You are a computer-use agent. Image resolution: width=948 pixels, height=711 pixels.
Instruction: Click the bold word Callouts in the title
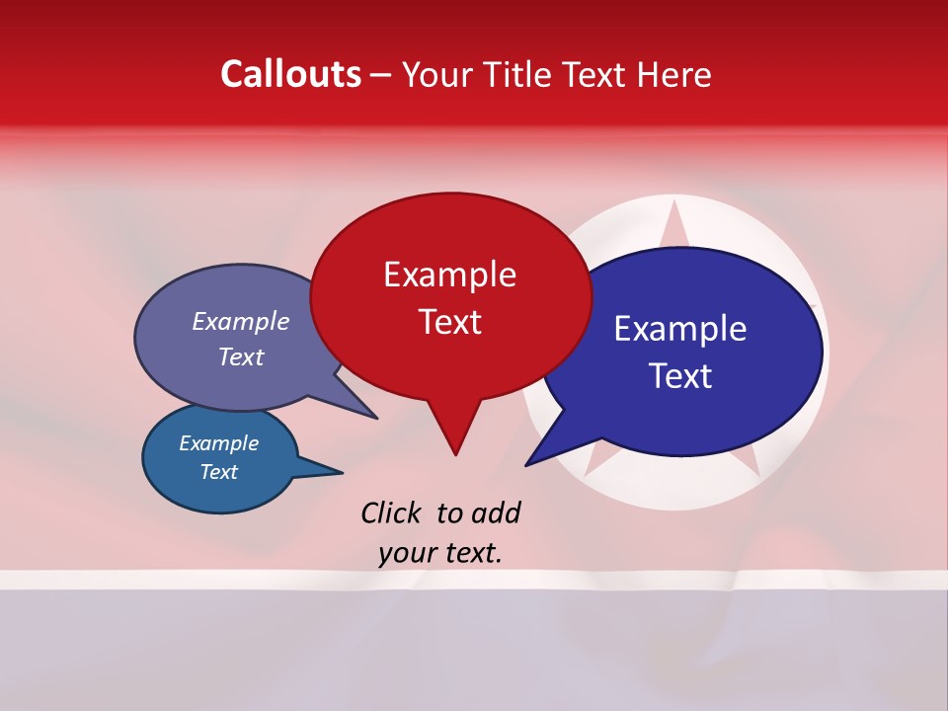[x=290, y=74]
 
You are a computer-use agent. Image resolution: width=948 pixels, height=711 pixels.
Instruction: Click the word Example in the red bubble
[x=449, y=274]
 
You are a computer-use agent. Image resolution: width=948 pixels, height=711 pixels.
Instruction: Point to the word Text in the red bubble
[x=449, y=321]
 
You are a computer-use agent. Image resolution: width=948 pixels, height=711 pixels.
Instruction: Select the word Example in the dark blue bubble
[x=679, y=329]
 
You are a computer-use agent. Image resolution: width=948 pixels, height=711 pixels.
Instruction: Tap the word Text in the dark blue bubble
[x=680, y=375]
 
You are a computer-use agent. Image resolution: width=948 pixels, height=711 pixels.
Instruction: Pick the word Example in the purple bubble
[x=241, y=321]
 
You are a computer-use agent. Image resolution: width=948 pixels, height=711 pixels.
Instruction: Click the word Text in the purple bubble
[x=241, y=356]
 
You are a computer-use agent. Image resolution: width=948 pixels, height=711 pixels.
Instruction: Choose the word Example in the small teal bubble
[x=218, y=443]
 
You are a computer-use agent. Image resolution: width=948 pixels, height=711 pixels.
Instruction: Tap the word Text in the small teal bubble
[x=218, y=472]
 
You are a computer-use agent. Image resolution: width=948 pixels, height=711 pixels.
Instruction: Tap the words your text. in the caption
[x=440, y=553]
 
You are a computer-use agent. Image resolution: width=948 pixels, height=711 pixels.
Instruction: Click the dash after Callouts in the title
[x=381, y=75]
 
